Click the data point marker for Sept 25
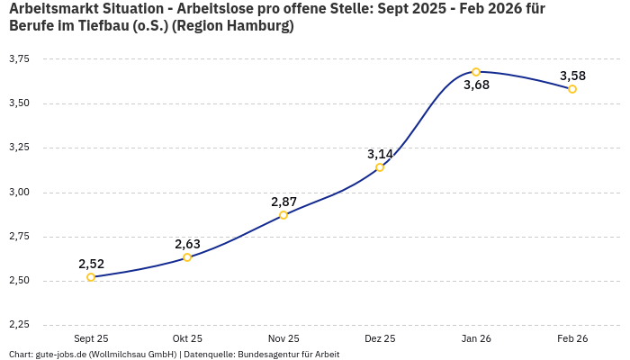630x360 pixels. [91, 277]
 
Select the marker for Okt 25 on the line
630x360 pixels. [187, 257]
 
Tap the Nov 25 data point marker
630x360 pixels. [283, 215]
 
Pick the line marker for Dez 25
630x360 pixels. [380, 167]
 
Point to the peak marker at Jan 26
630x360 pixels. [476, 72]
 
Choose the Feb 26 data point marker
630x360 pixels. [572, 89]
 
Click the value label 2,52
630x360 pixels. [91, 264]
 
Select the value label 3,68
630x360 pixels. [476, 85]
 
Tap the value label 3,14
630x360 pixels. [380, 154]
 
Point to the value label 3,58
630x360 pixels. [572, 76]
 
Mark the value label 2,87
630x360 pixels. [283, 202]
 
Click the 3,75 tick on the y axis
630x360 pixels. [19, 59]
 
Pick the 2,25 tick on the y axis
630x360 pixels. [19, 325]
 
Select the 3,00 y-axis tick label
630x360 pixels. [19, 193]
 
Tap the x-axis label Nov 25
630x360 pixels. [283, 338]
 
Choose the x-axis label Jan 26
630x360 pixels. [476, 338]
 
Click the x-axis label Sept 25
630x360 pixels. [91, 338]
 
